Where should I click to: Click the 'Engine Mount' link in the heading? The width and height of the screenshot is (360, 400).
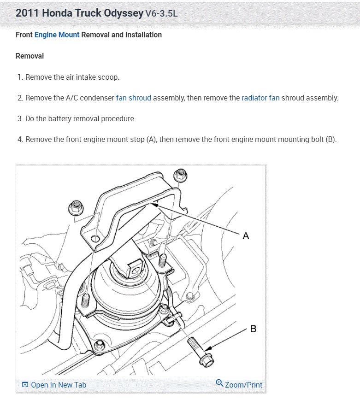coord(57,35)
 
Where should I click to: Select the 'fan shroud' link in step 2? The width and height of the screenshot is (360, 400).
coord(133,98)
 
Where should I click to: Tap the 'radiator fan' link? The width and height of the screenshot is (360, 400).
coord(260,98)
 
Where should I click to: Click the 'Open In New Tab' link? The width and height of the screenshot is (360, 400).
coord(58,385)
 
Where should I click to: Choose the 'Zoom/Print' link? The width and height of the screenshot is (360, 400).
coord(243,385)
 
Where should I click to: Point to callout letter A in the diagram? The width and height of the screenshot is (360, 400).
coord(246,236)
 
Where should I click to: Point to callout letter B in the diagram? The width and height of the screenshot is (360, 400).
coord(253,329)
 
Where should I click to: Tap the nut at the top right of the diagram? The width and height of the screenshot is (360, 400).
coord(180,175)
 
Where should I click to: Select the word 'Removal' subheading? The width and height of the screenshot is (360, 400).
coord(30,56)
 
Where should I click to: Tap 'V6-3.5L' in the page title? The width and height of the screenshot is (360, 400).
coord(161,13)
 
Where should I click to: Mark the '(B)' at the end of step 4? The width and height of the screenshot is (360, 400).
coord(330,139)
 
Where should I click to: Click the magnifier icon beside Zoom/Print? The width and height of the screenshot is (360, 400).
coord(219,383)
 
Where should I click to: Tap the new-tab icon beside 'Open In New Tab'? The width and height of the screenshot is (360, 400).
coord(25,385)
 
